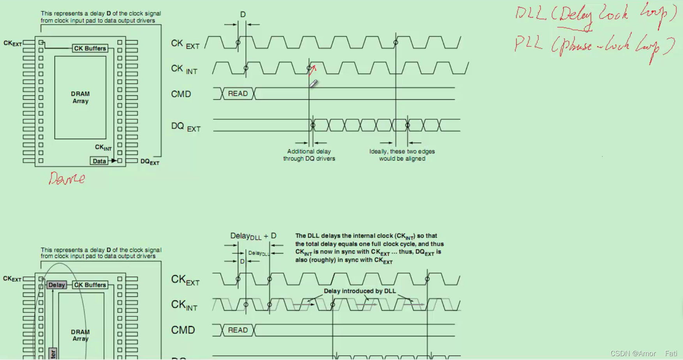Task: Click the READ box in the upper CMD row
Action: [238, 94]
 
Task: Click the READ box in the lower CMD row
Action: [238, 330]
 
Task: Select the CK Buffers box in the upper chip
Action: [90, 48]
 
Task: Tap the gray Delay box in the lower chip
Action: [56, 285]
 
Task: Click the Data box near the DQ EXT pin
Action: [99, 161]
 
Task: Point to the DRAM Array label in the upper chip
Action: [80, 97]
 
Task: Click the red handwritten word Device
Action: [67, 178]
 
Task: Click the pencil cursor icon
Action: [314, 83]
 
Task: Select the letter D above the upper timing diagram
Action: [243, 15]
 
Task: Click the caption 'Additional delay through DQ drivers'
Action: [309, 155]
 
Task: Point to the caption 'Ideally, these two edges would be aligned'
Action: [402, 155]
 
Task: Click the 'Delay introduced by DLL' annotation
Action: [360, 291]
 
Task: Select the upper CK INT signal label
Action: [184, 69]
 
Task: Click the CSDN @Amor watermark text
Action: [633, 353]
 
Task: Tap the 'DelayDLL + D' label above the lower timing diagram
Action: [253, 236]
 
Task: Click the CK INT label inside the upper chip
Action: [103, 147]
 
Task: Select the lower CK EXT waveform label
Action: [185, 280]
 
